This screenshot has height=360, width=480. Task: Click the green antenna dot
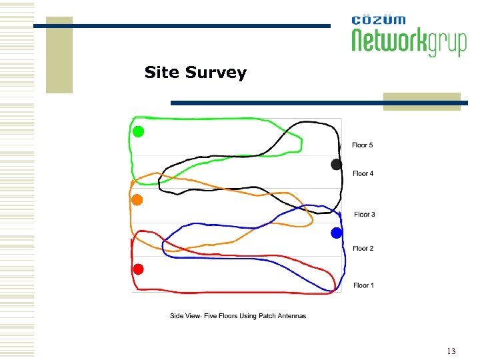point(138,131)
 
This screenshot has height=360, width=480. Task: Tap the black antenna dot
point(337,164)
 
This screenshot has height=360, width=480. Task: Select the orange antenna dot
point(137,199)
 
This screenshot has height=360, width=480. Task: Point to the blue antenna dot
point(337,233)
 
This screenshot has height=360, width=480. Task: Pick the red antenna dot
point(138,269)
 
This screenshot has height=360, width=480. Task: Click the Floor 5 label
point(363,145)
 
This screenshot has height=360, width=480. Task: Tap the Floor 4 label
point(363,173)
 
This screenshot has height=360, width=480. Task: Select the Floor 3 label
point(364,215)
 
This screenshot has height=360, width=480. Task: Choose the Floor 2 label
point(363,249)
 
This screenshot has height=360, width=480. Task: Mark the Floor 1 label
point(363,285)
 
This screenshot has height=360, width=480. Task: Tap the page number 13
point(451,351)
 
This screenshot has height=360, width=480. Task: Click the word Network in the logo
point(389,41)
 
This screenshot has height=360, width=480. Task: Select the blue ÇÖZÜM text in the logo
point(378,19)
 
